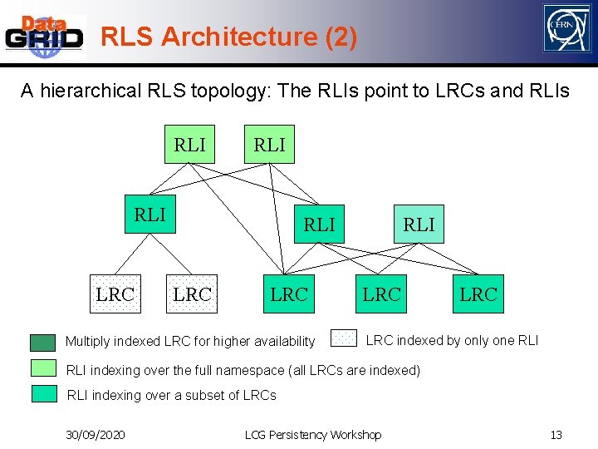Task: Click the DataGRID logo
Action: pyautogui.click(x=45, y=36)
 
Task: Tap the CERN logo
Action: pyautogui.click(x=566, y=29)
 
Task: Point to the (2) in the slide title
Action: pyautogui.click(x=342, y=37)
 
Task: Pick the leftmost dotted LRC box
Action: pyautogui.click(x=115, y=294)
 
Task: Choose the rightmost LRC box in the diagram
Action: pyautogui.click(x=478, y=294)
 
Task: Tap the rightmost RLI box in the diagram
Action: pyautogui.click(x=419, y=224)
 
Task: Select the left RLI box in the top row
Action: pyautogui.click(x=189, y=145)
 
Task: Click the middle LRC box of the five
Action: pyautogui.click(x=289, y=294)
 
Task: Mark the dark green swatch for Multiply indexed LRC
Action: pyautogui.click(x=43, y=342)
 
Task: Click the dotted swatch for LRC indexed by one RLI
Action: pyautogui.click(x=344, y=338)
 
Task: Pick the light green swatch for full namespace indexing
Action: pyautogui.click(x=43, y=368)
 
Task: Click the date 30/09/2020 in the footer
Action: pyautogui.click(x=96, y=435)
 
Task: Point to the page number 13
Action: pyautogui.click(x=556, y=435)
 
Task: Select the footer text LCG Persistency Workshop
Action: pyautogui.click(x=313, y=435)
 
